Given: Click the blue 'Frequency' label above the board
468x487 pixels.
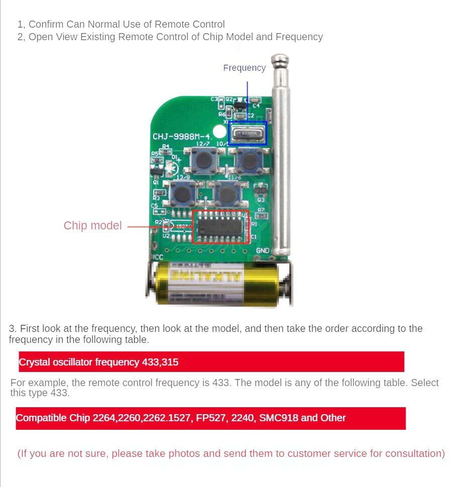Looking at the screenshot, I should click(244, 68).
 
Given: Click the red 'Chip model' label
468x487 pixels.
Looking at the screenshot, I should click(92, 225).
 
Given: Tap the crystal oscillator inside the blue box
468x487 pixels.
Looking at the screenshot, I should click(247, 134).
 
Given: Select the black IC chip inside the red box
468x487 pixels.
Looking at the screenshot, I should click(219, 227).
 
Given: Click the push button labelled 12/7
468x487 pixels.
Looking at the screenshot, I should click(202, 160).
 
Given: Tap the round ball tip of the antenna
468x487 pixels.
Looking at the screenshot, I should click(280, 61).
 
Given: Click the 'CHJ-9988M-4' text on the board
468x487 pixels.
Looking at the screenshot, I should click(182, 137).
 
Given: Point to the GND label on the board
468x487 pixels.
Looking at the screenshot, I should click(263, 251).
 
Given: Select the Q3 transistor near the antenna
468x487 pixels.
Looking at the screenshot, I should click(260, 191).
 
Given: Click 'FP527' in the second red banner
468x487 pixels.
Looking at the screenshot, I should click(212, 418).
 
